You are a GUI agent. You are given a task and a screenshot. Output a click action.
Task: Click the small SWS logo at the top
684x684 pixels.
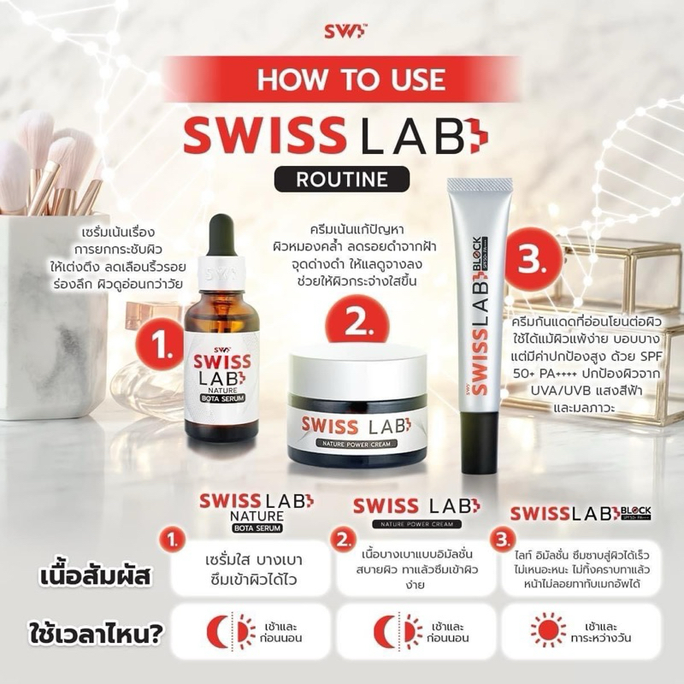tap(342, 31)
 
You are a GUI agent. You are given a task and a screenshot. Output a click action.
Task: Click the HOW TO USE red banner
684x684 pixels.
tap(342, 79)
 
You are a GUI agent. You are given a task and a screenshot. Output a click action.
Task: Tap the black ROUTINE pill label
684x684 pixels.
tap(342, 180)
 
